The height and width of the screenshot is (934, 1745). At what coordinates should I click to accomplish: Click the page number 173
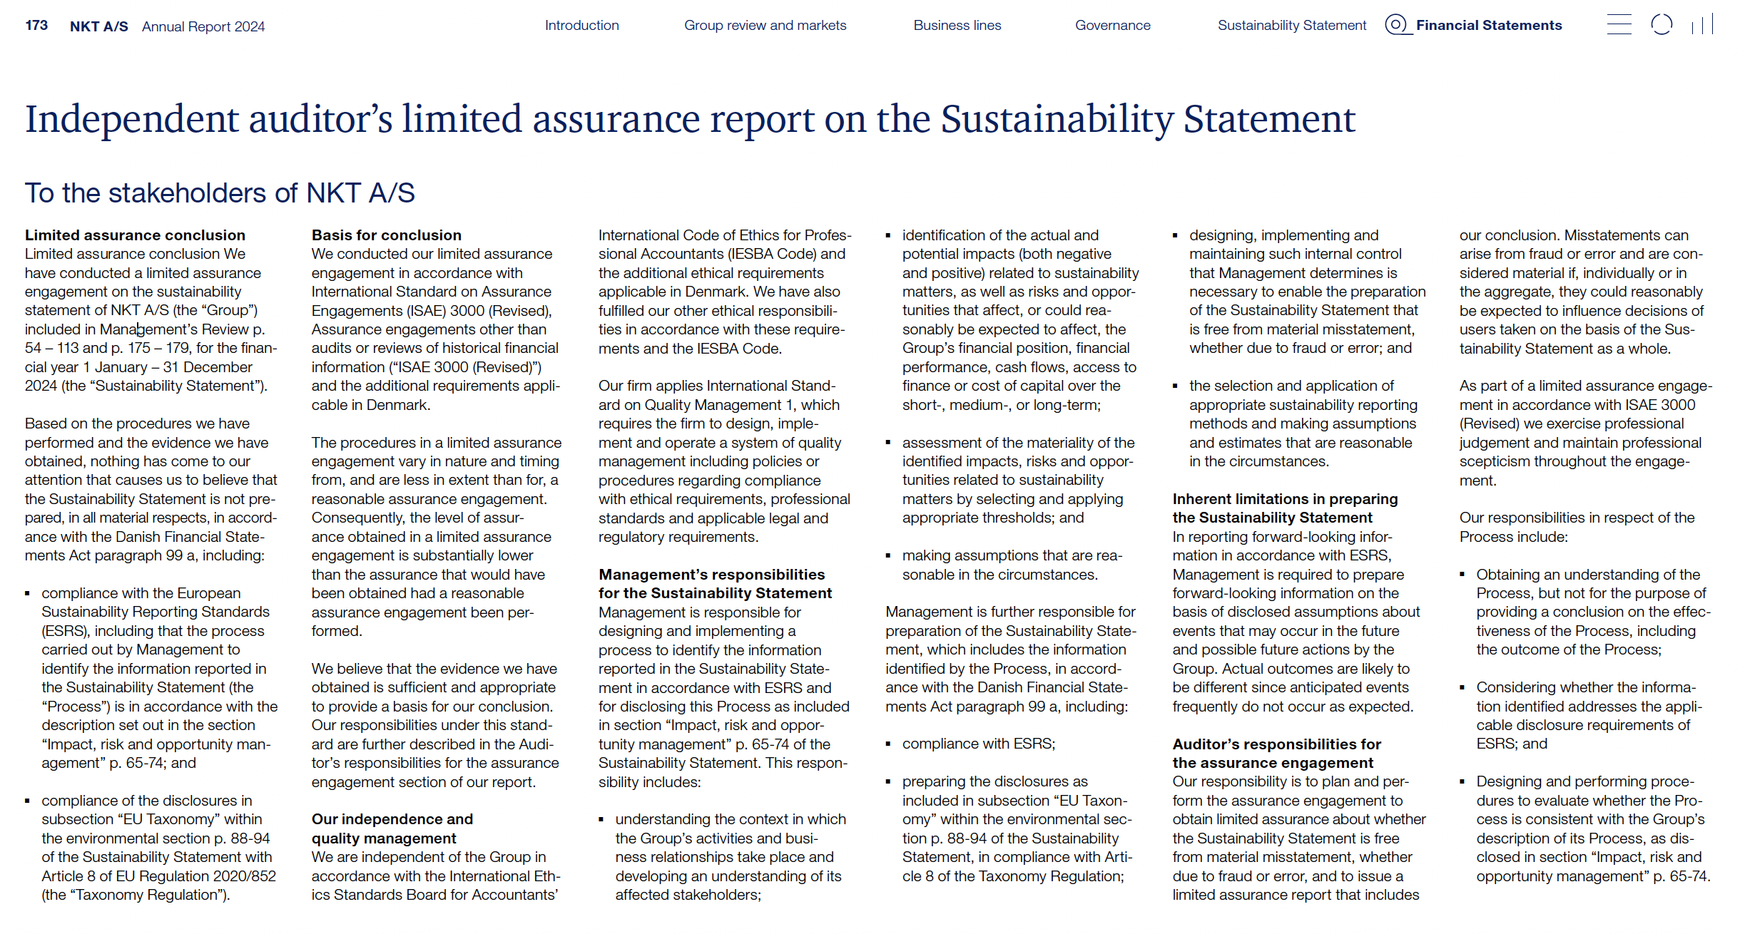click(x=36, y=26)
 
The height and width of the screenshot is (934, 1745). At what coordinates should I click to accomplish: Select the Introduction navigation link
click(x=581, y=26)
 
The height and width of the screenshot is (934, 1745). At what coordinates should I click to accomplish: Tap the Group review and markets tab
click(x=765, y=26)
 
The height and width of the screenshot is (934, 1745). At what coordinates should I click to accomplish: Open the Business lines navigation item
click(x=957, y=26)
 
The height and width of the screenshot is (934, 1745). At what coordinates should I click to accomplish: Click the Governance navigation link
click(x=1112, y=26)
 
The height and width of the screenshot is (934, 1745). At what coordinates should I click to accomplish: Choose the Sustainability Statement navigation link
click(x=1291, y=26)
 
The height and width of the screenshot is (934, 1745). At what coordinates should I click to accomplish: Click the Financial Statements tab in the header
click(x=1488, y=26)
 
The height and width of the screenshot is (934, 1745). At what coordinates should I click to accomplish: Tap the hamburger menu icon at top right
click(x=1619, y=25)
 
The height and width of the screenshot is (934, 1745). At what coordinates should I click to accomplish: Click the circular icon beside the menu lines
click(x=1662, y=25)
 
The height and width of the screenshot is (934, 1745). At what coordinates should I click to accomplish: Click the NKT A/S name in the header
click(x=99, y=26)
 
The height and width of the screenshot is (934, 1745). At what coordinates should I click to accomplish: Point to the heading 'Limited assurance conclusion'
click(x=135, y=235)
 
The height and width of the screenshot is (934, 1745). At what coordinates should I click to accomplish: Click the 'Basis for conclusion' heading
click(x=386, y=235)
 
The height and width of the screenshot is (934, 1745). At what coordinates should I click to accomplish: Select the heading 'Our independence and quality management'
click(x=392, y=828)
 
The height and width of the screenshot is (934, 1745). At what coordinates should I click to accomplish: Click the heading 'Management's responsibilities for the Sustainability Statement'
click(x=714, y=584)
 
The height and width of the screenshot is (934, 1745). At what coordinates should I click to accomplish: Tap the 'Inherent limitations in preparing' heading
click(x=1285, y=499)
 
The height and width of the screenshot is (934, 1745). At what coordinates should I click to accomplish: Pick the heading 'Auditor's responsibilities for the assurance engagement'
click(x=1276, y=754)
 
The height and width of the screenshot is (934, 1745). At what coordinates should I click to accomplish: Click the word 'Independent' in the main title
click(x=131, y=119)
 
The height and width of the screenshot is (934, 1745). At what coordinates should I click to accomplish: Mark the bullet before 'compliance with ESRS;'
click(x=888, y=744)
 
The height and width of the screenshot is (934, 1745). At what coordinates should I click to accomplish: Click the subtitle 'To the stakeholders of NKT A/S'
click(x=220, y=193)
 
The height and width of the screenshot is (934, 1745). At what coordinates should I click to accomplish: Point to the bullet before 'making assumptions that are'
click(x=888, y=556)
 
